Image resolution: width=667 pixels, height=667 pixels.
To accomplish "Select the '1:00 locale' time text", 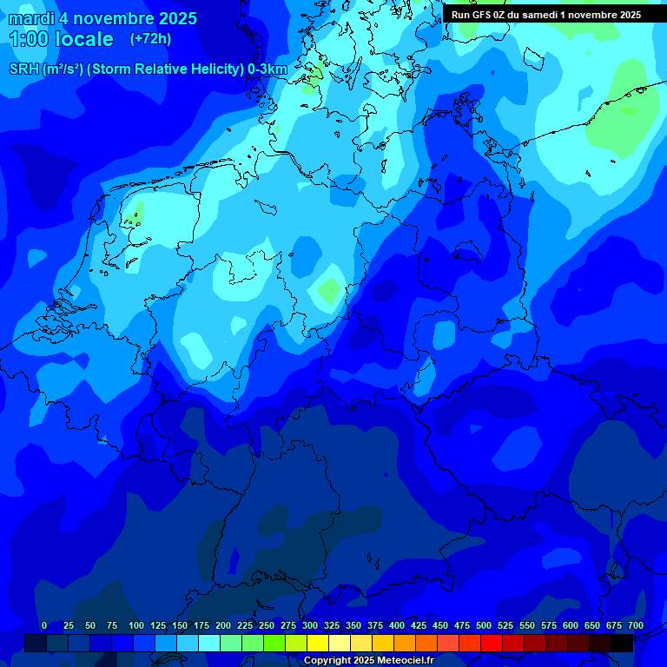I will [x=61, y=39].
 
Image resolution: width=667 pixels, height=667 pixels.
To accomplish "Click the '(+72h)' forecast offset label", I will [x=150, y=39].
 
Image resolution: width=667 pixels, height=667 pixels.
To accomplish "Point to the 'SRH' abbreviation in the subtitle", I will [x=23, y=69].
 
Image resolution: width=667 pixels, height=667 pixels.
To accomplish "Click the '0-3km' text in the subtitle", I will [x=267, y=69].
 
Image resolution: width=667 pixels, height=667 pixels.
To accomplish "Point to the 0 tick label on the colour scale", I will [x=44, y=625].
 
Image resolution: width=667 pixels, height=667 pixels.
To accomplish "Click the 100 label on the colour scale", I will [x=135, y=625].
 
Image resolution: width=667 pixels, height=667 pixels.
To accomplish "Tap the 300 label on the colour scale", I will [x=310, y=625].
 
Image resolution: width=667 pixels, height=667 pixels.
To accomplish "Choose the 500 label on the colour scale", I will [x=484, y=625].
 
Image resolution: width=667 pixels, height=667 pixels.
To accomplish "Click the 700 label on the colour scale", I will [x=636, y=625].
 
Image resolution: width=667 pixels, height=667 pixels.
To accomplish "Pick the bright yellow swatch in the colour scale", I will [x=319, y=643].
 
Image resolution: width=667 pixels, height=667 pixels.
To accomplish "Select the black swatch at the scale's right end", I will [x=622, y=643].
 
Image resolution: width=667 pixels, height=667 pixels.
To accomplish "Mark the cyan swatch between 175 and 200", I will [x=209, y=643].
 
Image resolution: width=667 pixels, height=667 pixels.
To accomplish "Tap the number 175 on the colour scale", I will [x=201, y=625].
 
